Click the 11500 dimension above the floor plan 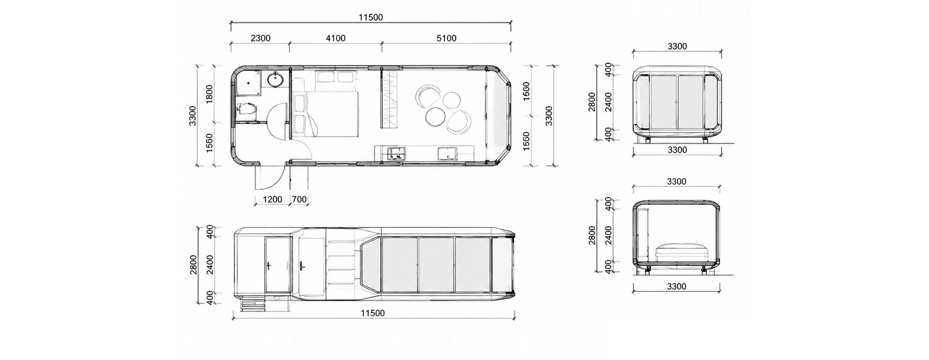pyautogui.click(x=371, y=17)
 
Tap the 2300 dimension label pyautogui.click(x=260, y=38)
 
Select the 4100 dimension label pyautogui.click(x=335, y=38)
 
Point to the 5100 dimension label pyautogui.click(x=446, y=38)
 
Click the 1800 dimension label pyautogui.click(x=209, y=94)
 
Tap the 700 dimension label pyautogui.click(x=300, y=199)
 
